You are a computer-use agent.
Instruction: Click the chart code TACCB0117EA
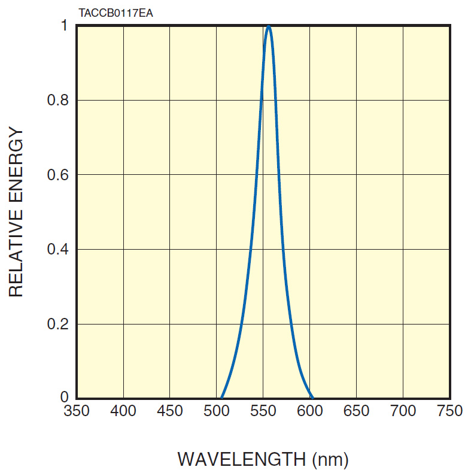[116, 13]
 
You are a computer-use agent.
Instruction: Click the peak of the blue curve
[269, 27]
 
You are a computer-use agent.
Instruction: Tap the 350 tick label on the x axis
[77, 411]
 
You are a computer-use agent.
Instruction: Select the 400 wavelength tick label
[123, 411]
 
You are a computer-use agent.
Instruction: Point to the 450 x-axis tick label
[170, 411]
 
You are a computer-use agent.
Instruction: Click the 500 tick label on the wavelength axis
[217, 411]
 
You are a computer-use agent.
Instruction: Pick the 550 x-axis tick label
[263, 411]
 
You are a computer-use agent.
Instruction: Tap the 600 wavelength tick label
[310, 411]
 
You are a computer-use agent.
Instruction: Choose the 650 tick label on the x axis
[357, 411]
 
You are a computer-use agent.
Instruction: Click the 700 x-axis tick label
[403, 411]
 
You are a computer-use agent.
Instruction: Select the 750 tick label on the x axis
[449, 411]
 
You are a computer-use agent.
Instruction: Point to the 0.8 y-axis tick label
[57, 100]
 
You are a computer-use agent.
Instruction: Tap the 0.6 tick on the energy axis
[57, 175]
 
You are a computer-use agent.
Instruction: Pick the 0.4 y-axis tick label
[57, 249]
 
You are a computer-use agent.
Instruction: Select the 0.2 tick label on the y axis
[57, 324]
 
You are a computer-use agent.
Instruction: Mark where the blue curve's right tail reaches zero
[312, 397]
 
